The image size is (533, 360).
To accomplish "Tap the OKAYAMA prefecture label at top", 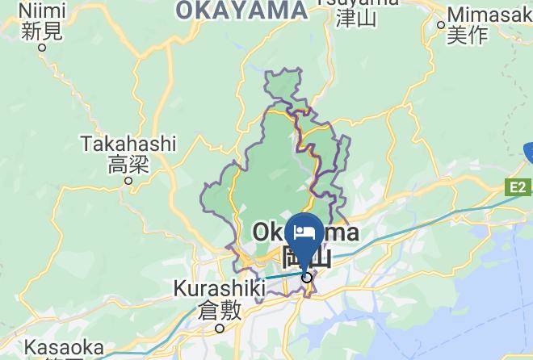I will tap(241, 10).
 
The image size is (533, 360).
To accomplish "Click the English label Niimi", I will tap(42, 12).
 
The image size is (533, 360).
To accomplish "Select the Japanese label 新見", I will tap(42, 31).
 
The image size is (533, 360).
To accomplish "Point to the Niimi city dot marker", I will tap(42, 47).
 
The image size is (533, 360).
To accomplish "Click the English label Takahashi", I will tap(128, 144).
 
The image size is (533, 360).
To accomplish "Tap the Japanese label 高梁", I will tap(128, 165).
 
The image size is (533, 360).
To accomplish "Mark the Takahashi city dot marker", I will tap(128, 181).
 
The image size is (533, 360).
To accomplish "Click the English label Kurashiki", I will tap(219, 289).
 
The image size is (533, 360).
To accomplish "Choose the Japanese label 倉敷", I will tap(219, 310).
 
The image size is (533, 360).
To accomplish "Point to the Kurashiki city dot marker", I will tap(219, 328).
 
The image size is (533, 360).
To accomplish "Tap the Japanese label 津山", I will tap(356, 18).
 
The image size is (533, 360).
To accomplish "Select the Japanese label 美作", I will tap(468, 35).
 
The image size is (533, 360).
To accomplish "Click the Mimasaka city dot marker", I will tap(441, 25).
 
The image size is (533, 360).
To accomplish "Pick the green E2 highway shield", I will tap(518, 187).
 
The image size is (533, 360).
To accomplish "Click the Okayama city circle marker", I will tap(307, 278).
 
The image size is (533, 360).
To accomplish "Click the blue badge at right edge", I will tap(528, 152).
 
